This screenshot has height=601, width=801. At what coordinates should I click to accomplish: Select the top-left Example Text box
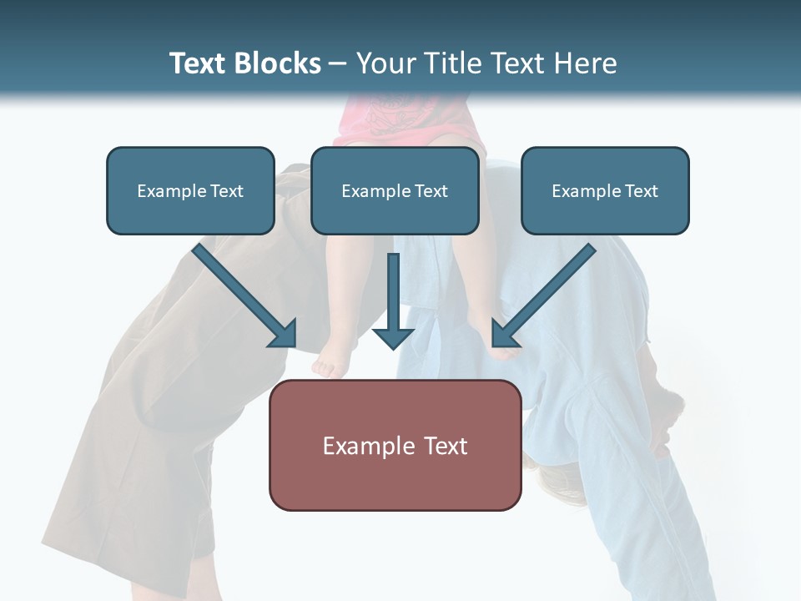[x=190, y=190]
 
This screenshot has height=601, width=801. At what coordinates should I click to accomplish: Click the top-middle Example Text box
[x=395, y=190]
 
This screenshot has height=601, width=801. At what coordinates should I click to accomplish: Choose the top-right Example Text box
[x=605, y=190]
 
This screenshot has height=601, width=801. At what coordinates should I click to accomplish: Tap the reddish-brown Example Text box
[x=395, y=445]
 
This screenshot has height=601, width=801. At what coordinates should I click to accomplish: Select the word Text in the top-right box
[x=641, y=191]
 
